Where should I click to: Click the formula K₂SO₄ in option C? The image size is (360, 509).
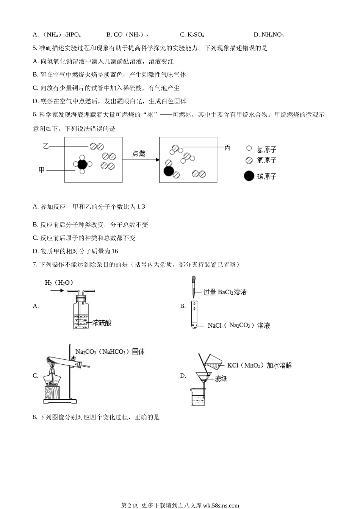click(196, 35)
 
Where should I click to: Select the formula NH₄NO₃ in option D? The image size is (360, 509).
click(272, 35)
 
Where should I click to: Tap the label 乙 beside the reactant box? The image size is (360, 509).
click(46, 146)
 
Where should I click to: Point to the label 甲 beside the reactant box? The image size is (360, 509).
click(42, 170)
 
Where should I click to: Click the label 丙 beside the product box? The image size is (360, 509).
click(227, 147)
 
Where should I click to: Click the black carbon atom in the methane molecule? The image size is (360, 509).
click(82, 164)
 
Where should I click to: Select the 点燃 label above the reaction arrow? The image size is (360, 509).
click(139, 154)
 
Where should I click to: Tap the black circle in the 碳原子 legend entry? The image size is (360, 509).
click(249, 176)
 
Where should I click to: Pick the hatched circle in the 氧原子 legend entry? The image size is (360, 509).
click(249, 161)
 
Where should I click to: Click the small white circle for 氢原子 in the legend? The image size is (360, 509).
click(249, 148)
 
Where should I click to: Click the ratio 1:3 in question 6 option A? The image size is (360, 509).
click(141, 206)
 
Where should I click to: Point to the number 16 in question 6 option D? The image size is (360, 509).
click(115, 251)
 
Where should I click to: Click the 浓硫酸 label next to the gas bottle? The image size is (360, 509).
click(102, 323)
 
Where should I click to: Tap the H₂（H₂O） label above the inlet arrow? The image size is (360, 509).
click(59, 283)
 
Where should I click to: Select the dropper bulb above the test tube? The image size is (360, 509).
click(194, 278)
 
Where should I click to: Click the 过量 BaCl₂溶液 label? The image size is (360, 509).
click(225, 292)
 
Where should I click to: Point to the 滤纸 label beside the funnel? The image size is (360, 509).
click(221, 379)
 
